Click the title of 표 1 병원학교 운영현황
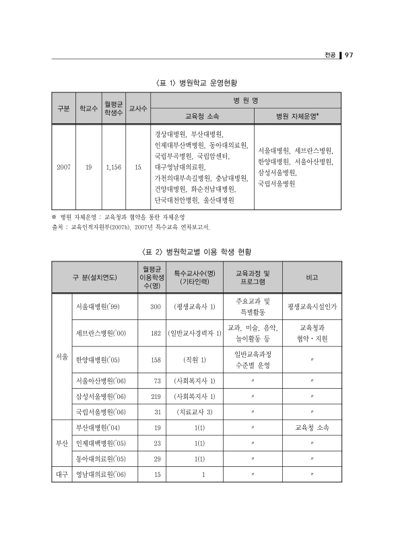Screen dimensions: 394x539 click(x=196, y=84)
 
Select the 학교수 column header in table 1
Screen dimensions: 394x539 click(x=88, y=108)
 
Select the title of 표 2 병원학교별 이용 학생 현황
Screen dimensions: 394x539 click(x=196, y=251)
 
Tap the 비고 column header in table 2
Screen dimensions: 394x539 click(x=312, y=277)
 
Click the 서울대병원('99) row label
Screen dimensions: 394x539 click(x=96, y=307)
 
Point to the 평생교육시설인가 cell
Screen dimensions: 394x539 click(x=312, y=307)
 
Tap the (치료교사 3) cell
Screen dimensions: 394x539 click(x=194, y=412)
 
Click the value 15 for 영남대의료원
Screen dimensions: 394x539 click(x=157, y=475)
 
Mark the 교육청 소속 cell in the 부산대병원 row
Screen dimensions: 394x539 click(x=312, y=428)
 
